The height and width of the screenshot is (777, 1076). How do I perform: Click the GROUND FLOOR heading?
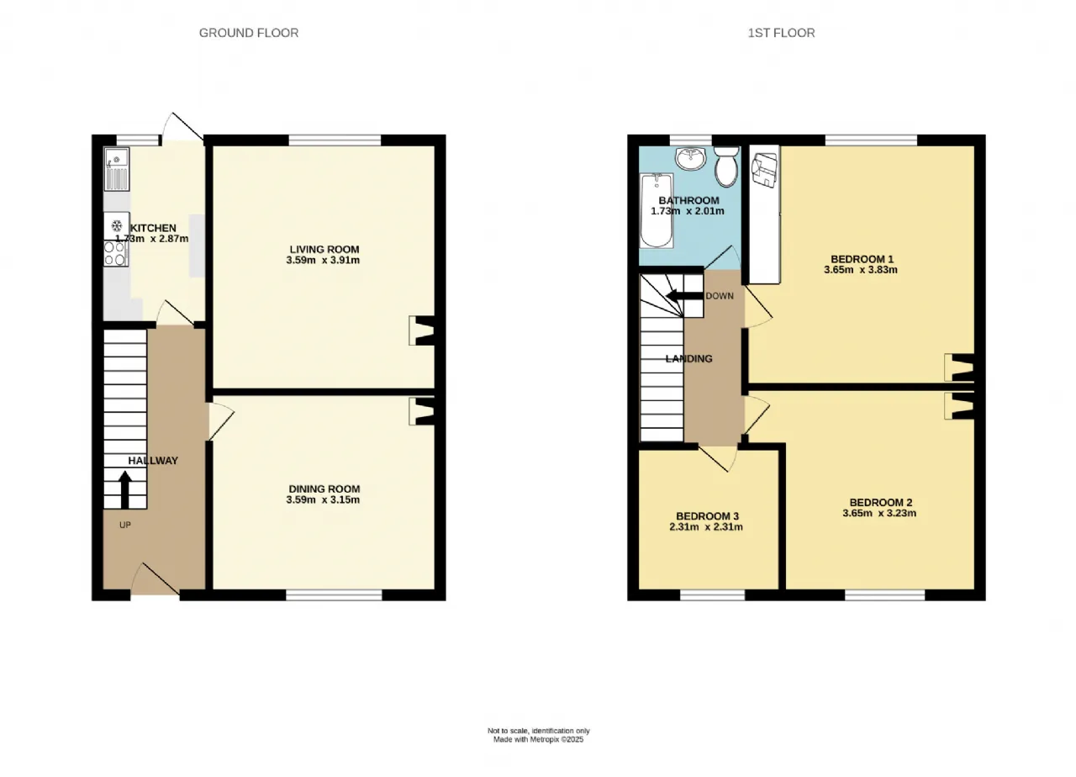tap(249, 33)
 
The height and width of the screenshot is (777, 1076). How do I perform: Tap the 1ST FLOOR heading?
tap(781, 33)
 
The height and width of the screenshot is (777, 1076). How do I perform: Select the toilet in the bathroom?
tap(725, 166)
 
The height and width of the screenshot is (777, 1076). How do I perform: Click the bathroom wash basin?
tap(691, 158)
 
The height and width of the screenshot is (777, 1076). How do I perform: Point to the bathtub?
tap(657, 210)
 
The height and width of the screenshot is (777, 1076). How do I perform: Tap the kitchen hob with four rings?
tap(115, 253)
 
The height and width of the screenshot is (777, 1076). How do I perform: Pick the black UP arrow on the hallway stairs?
tap(125, 489)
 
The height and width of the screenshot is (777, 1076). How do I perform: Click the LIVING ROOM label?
tap(324, 250)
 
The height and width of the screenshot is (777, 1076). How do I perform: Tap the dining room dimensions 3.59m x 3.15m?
tap(323, 499)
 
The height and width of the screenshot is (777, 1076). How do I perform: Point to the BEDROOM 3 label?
tap(707, 516)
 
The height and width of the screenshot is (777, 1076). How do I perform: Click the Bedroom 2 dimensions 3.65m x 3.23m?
tap(879, 513)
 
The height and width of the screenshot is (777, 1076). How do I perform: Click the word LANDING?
tap(688, 358)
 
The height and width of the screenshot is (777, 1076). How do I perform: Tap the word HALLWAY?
tap(153, 461)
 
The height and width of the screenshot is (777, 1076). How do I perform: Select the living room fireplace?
tap(422, 330)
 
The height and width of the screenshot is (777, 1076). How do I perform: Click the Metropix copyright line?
tap(539, 739)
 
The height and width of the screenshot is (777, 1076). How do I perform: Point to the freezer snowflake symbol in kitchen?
tap(116, 225)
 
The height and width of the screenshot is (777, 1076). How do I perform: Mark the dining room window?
tap(335, 596)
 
